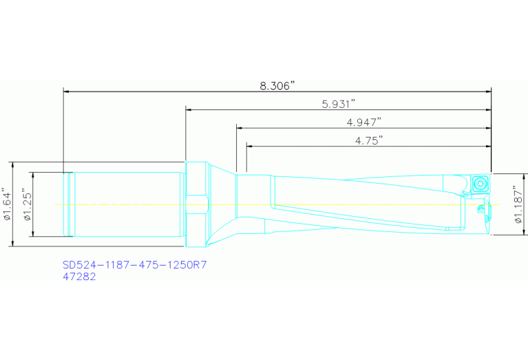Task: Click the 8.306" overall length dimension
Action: pyautogui.click(x=277, y=85)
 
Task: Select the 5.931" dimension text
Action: pyautogui.click(x=338, y=104)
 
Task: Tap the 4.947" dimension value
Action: pyautogui.click(x=364, y=122)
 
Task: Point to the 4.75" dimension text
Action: pyautogui.click(x=369, y=140)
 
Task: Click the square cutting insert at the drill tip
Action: pyautogui.click(x=481, y=184)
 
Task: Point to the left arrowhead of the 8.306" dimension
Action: pyautogui.click(x=66, y=91)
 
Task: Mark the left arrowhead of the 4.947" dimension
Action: pyautogui.click(x=240, y=127)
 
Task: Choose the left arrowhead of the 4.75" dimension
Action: pyautogui.click(x=249, y=146)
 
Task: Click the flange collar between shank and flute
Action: pyautogui.click(x=196, y=204)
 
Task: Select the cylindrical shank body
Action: pyautogui.click(x=127, y=204)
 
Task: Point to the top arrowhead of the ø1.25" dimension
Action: pyautogui.click(x=32, y=175)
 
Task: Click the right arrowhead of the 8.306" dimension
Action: pyautogui.click(x=488, y=91)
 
